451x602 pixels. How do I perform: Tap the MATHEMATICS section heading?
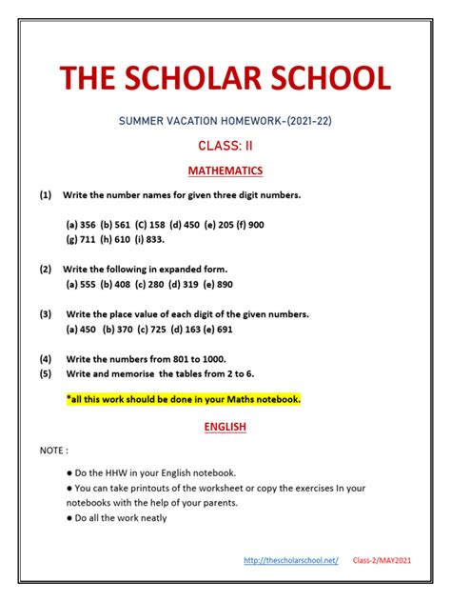[x=225, y=171]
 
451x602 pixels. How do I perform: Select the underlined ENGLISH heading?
[x=225, y=428]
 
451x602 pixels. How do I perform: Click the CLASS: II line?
[x=225, y=146]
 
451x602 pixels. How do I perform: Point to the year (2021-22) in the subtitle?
[x=300, y=121]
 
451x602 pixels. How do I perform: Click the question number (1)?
[x=46, y=195]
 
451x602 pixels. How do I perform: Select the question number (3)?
[x=46, y=313]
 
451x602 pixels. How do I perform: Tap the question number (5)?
[x=46, y=373]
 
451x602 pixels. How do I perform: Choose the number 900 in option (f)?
[x=255, y=225]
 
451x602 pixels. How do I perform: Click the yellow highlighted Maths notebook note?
[x=183, y=399]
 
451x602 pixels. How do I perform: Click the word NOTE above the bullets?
[x=53, y=449]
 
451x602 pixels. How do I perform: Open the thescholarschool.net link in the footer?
[x=291, y=561]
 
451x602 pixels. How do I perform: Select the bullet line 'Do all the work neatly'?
[x=117, y=518]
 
